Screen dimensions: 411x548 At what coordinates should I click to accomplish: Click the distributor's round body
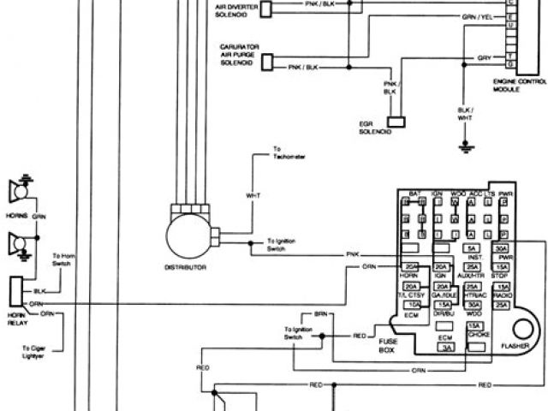coord(188,234)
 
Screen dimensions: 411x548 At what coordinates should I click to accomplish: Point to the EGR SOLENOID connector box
coord(396,122)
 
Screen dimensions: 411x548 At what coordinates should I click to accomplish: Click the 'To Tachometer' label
coord(289,156)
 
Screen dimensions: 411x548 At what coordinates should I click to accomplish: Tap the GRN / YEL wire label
coord(477,16)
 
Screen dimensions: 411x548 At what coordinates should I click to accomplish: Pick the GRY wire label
coord(484,57)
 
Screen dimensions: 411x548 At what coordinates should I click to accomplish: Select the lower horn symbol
coord(16,247)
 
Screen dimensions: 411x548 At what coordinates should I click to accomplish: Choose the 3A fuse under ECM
coord(445,348)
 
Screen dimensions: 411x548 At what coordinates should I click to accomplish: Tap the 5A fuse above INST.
coord(472,248)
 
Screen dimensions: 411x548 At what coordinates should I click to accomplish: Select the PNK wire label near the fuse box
coord(352,255)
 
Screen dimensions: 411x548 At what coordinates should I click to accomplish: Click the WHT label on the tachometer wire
coord(253,196)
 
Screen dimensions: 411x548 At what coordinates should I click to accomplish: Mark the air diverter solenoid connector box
coord(265,8)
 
